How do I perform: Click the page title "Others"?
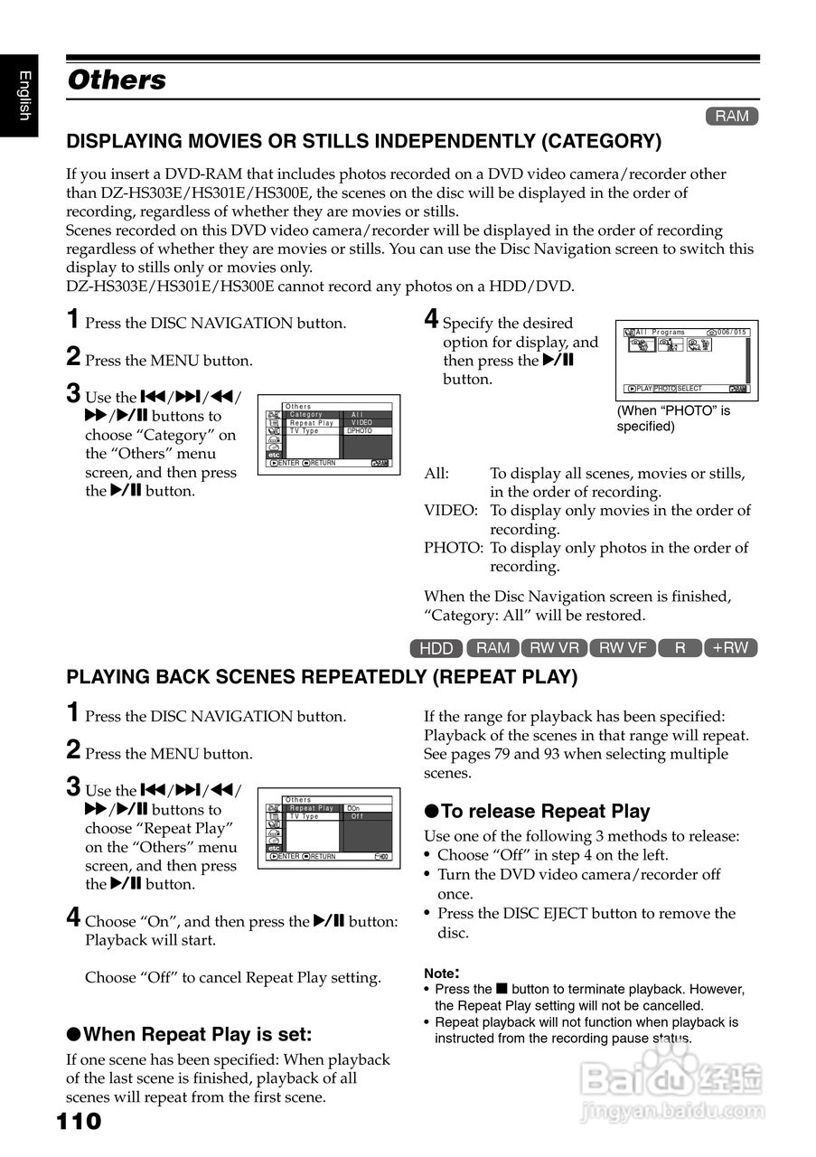coord(117,80)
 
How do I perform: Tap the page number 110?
coord(80,1122)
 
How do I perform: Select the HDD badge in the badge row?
coord(436,648)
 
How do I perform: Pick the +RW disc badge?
coord(730,647)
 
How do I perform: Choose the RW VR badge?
coord(554,647)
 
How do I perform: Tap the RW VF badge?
coord(623,647)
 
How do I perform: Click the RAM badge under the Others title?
coord(732,116)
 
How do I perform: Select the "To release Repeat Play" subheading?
coord(537,811)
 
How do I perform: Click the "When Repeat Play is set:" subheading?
coord(189,1035)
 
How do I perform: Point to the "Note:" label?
coord(442,974)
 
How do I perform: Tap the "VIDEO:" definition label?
coord(451,511)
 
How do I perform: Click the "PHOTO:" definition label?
coord(454,548)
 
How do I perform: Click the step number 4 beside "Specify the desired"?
coord(432,319)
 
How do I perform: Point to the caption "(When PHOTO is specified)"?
coord(673,419)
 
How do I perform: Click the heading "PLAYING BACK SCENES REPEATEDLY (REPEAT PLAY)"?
coord(322,677)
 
